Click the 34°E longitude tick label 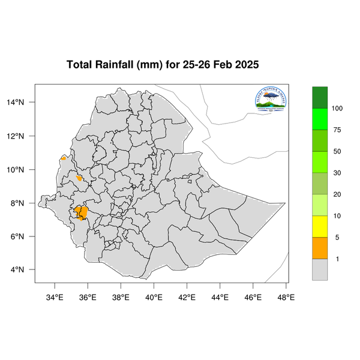[55, 296]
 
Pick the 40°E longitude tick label [154, 296]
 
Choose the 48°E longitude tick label [286, 296]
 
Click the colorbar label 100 [337, 109]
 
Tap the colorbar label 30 [337, 173]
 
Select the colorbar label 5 [337, 238]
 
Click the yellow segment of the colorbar [320, 226]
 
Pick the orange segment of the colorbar [320, 248]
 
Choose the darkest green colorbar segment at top [320, 97]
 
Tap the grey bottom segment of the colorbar [320, 269]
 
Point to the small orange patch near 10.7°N [64, 158]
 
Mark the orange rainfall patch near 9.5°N [79, 178]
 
